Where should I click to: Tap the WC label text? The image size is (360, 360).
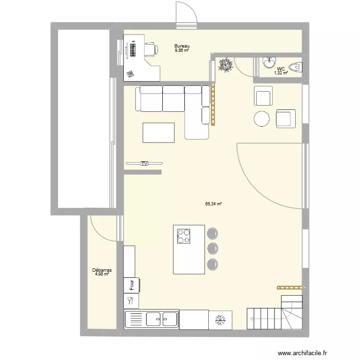point(281,68)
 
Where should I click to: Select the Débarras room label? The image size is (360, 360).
point(102,270)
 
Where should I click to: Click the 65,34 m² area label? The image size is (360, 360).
point(213,204)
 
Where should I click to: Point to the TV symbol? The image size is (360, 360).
point(144,164)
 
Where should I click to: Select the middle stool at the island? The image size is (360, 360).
point(213,248)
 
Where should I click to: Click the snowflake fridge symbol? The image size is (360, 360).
point(221,319)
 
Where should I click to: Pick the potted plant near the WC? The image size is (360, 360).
point(225,65)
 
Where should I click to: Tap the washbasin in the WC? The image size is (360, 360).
point(269,62)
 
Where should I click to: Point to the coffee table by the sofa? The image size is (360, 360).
point(158,132)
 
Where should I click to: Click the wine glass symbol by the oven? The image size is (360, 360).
point(130,300)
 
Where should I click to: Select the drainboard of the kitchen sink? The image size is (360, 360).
point(135,319)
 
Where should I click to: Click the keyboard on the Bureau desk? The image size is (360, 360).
point(132,48)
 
